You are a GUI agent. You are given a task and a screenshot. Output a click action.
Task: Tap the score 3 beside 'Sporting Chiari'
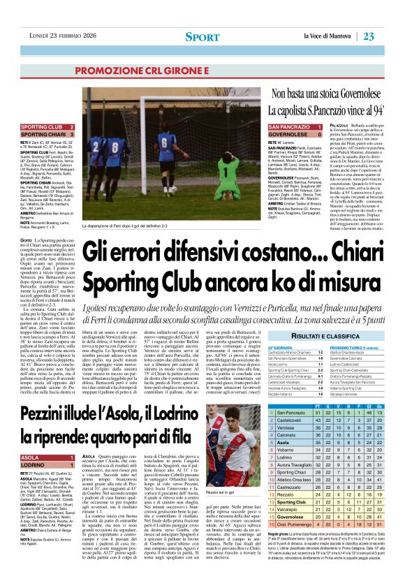[x=71, y=134]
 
